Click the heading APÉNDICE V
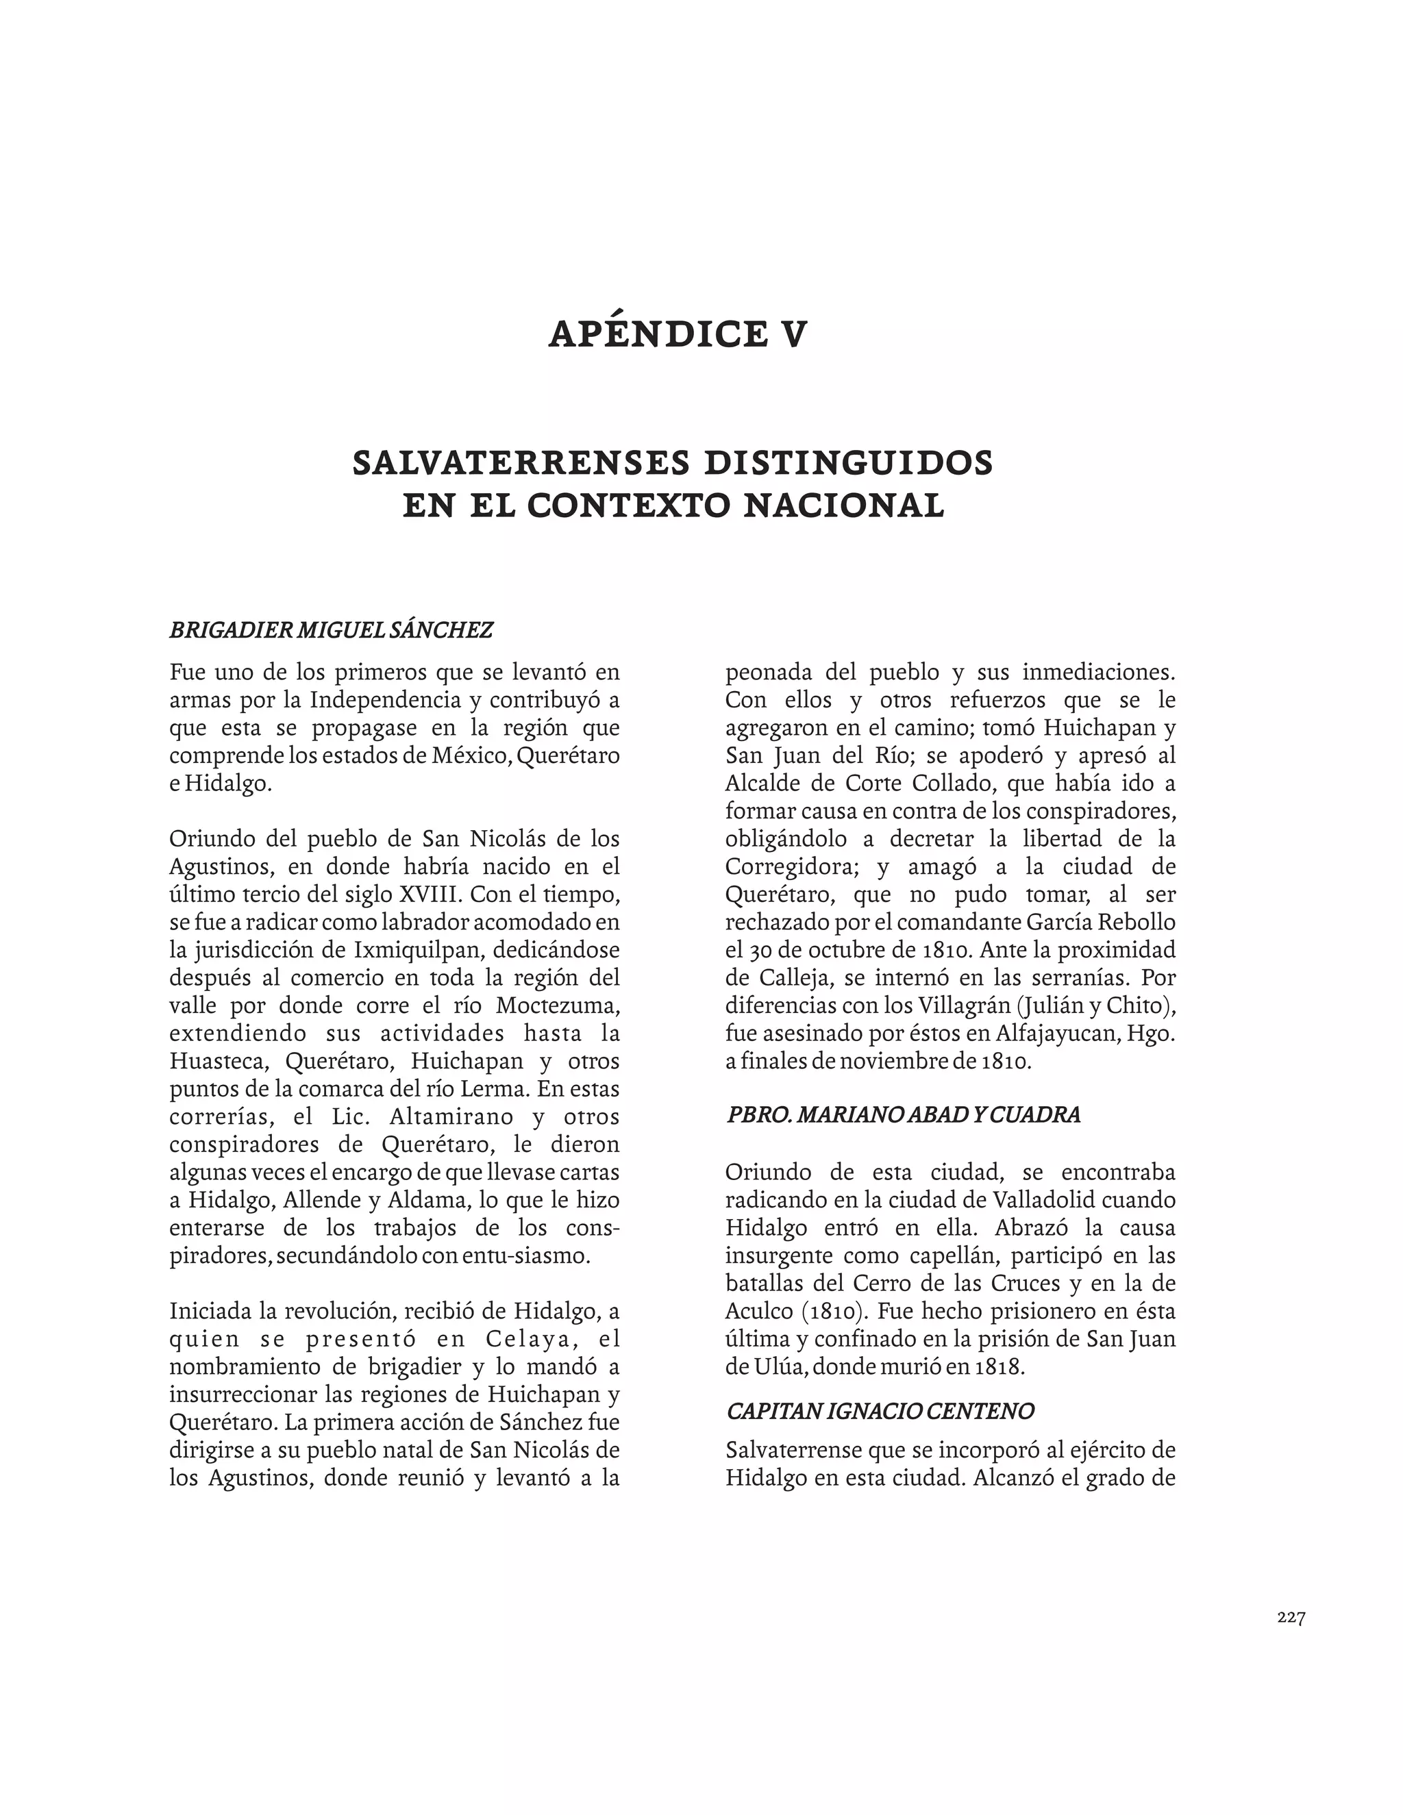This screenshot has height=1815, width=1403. click(x=678, y=334)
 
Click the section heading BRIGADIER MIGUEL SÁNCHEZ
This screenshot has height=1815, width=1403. click(x=331, y=630)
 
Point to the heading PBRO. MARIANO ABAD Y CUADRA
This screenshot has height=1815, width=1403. click(x=904, y=1114)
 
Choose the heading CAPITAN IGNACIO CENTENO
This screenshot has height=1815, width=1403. click(x=880, y=1411)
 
